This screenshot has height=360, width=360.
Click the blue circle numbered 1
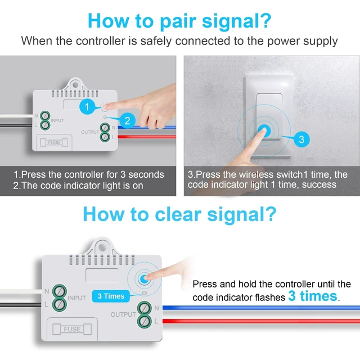pyautogui.click(x=87, y=106)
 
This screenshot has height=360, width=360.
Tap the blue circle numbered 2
pyautogui.click(x=127, y=121)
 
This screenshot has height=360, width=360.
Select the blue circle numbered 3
pyautogui.click(x=301, y=139)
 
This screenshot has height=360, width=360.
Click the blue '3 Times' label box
pyautogui.click(x=111, y=296)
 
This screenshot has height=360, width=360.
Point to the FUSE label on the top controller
pyautogui.click(x=54, y=142)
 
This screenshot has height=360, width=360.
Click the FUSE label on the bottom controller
pyautogui.click(x=72, y=329)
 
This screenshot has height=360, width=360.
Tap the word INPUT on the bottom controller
pyautogui.click(x=76, y=298)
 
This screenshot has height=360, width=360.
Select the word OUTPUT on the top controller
pyautogui.click(x=90, y=132)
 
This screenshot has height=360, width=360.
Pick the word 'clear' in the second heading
pyautogui.click(x=178, y=215)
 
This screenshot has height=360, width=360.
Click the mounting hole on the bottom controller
pyautogui.click(x=102, y=247)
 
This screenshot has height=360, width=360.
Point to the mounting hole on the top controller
pyautogui.click(x=75, y=85)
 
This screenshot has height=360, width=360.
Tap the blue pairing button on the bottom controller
pyautogui.click(x=144, y=279)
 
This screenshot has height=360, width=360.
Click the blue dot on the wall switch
pyautogui.click(x=264, y=131)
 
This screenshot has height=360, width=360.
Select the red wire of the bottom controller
pyautogui.click(x=261, y=321)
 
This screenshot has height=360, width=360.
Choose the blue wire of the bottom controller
pyautogui.click(x=261, y=308)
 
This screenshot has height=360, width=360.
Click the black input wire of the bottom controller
pyautogui.click(x=21, y=305)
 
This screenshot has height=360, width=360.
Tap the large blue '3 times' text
pyautogui.click(x=313, y=296)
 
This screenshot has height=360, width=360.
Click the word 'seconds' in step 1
pyautogui.click(x=146, y=175)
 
